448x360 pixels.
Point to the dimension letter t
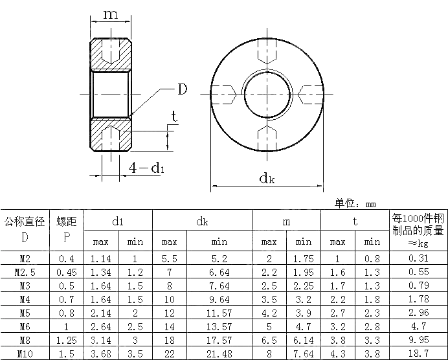coord(174,117)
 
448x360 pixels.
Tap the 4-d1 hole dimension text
coord(146,168)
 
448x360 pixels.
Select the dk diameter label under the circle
coord(267,177)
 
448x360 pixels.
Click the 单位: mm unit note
coord(355,203)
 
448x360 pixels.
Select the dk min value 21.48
coord(219,354)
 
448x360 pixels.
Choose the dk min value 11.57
coord(219,313)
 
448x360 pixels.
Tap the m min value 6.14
coord(304,340)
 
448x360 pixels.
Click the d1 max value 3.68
coord(100,354)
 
